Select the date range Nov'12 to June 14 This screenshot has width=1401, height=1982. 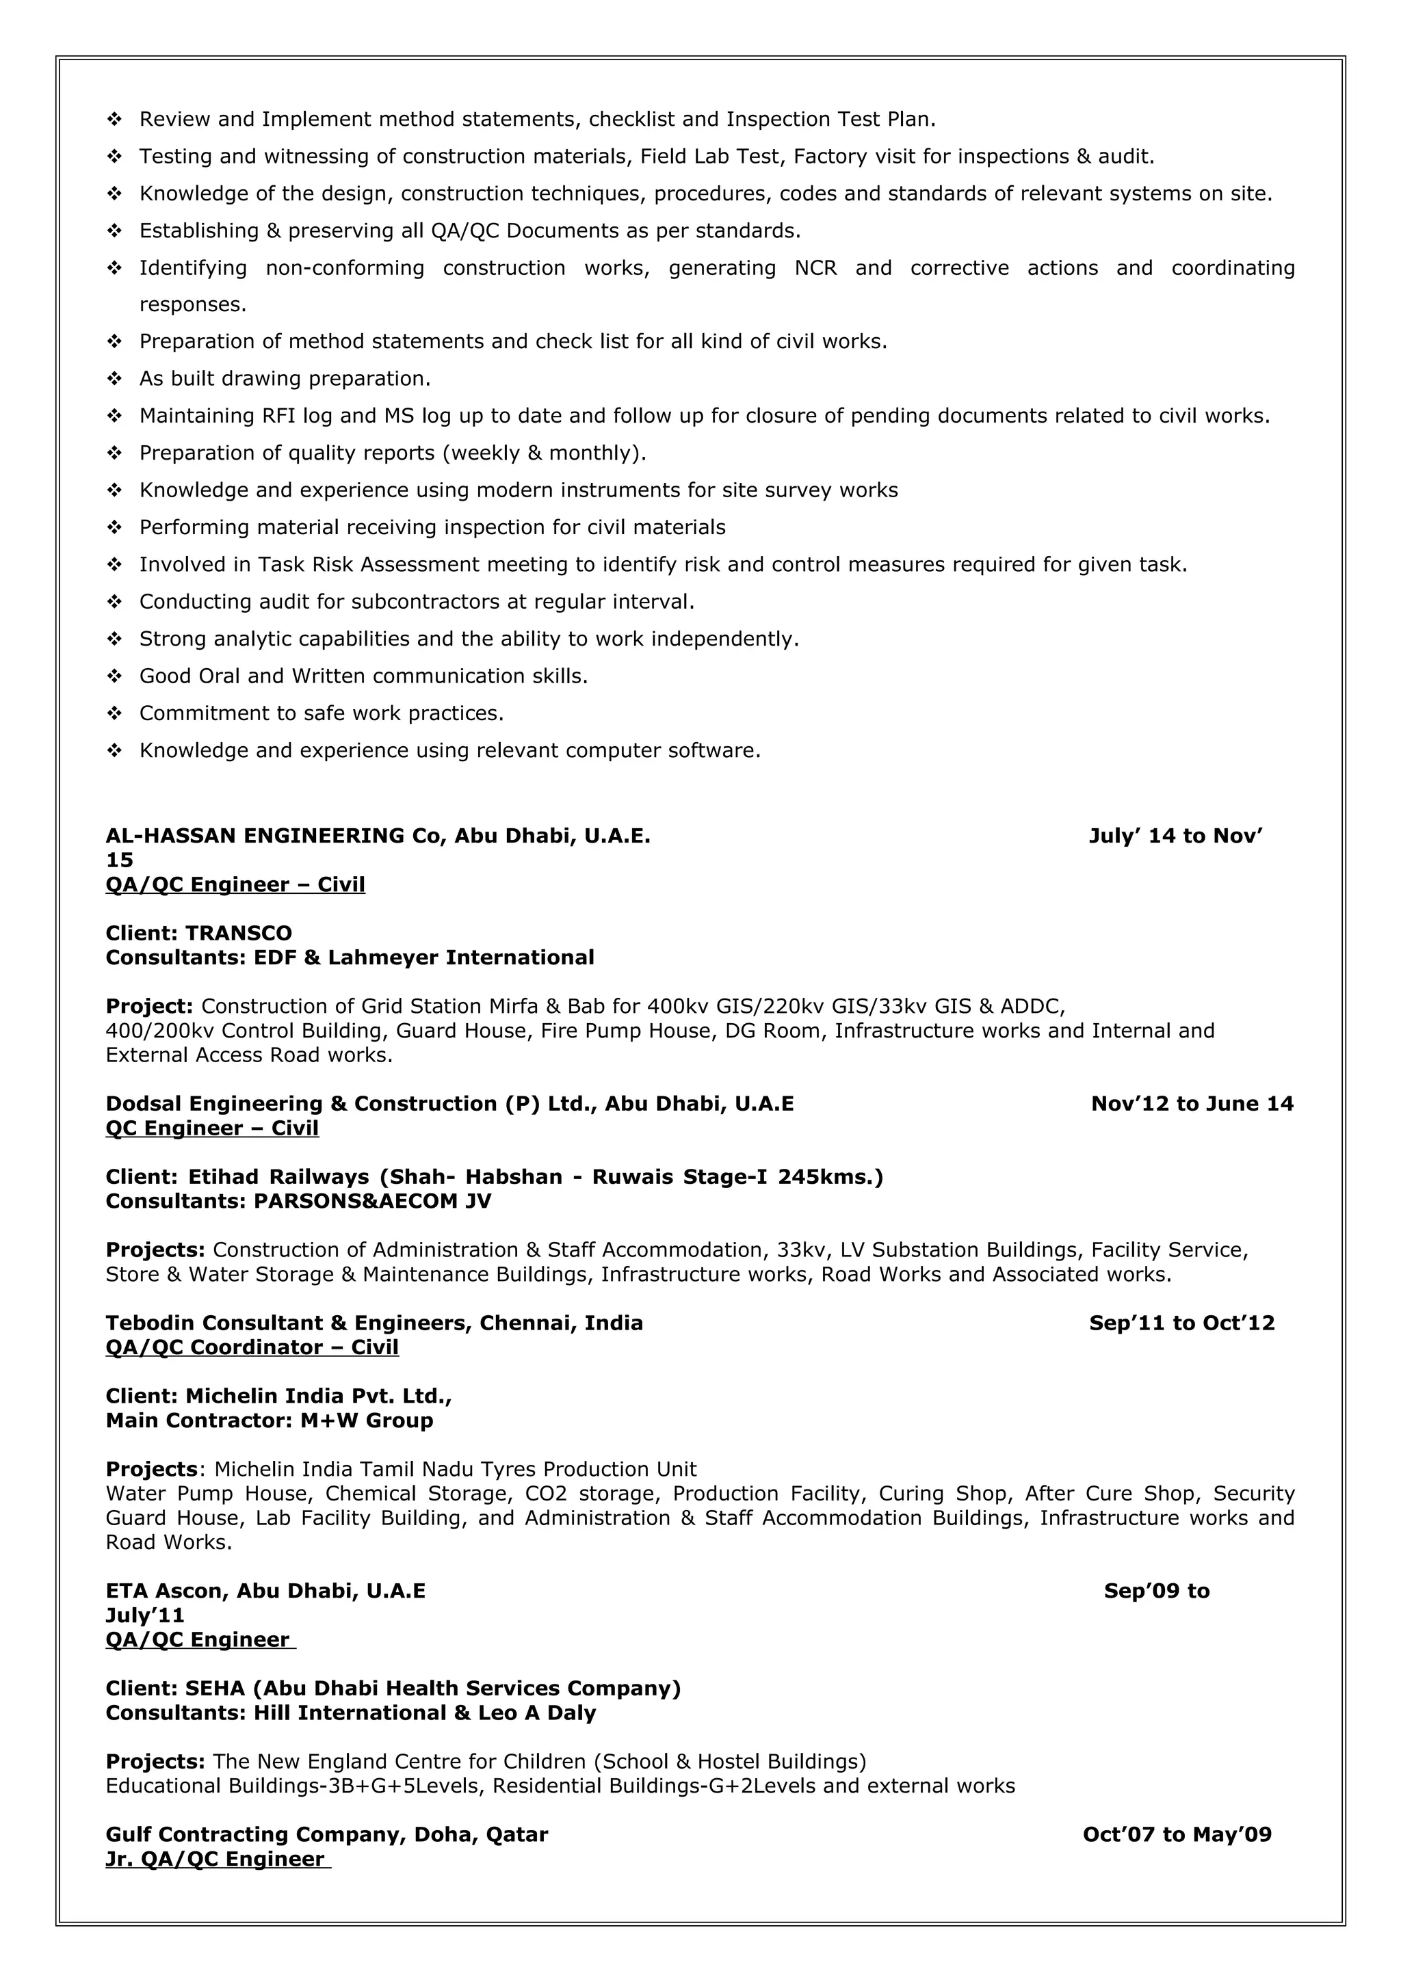click(x=1191, y=1103)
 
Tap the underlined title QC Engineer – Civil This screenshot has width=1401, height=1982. click(x=212, y=1128)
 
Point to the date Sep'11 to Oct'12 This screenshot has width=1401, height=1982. click(x=1181, y=1323)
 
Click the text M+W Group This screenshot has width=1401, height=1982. click(x=367, y=1421)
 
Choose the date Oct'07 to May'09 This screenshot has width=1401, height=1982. click(x=1177, y=1834)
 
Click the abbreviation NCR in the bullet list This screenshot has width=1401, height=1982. click(x=815, y=269)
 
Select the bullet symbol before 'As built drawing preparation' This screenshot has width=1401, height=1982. click(x=114, y=379)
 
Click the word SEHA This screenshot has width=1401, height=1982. click(x=215, y=1689)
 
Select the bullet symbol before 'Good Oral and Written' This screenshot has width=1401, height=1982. click(x=114, y=676)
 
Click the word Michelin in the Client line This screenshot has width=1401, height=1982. click(x=226, y=1397)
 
